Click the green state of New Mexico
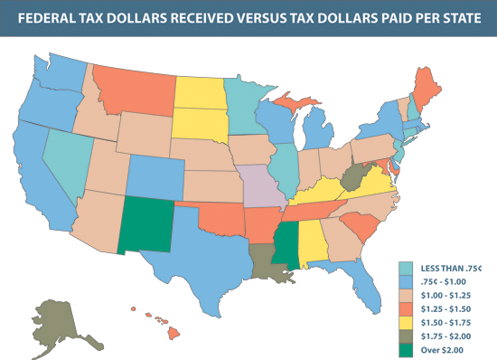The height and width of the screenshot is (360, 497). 147,225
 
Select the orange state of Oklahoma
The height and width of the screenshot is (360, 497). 217,217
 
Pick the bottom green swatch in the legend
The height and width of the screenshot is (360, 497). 406,350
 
